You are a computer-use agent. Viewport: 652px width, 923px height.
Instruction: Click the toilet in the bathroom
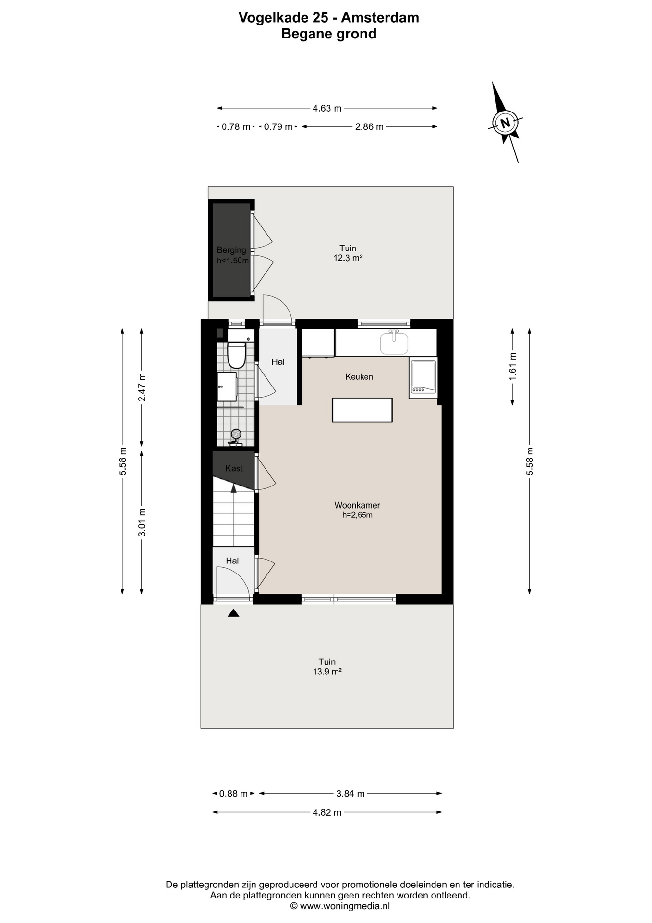point(236,355)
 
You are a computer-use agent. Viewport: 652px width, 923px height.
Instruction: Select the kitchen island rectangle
point(362,410)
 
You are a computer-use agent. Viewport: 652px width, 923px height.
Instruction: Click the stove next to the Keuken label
point(423,377)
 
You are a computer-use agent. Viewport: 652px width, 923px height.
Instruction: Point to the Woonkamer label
point(357,505)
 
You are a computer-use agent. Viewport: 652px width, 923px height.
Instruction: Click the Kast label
point(234,468)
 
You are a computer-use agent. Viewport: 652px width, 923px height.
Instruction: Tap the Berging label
point(231,250)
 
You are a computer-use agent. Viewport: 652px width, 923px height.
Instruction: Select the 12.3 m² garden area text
point(348,258)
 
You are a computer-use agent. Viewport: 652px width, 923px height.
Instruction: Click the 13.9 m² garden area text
point(327,672)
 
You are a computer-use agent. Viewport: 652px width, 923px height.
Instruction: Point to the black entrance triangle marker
point(233,613)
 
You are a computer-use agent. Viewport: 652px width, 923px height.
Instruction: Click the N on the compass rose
point(505,123)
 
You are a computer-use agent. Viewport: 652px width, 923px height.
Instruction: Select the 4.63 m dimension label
point(327,109)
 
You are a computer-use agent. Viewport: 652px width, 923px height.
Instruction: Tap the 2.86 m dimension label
point(369,127)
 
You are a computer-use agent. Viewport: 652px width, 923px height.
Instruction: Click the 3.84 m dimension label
point(350,794)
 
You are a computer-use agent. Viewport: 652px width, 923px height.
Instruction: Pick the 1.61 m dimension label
point(513,366)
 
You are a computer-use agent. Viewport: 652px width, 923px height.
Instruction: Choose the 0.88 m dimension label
point(233,794)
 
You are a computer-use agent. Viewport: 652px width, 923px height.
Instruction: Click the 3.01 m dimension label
point(142,522)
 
